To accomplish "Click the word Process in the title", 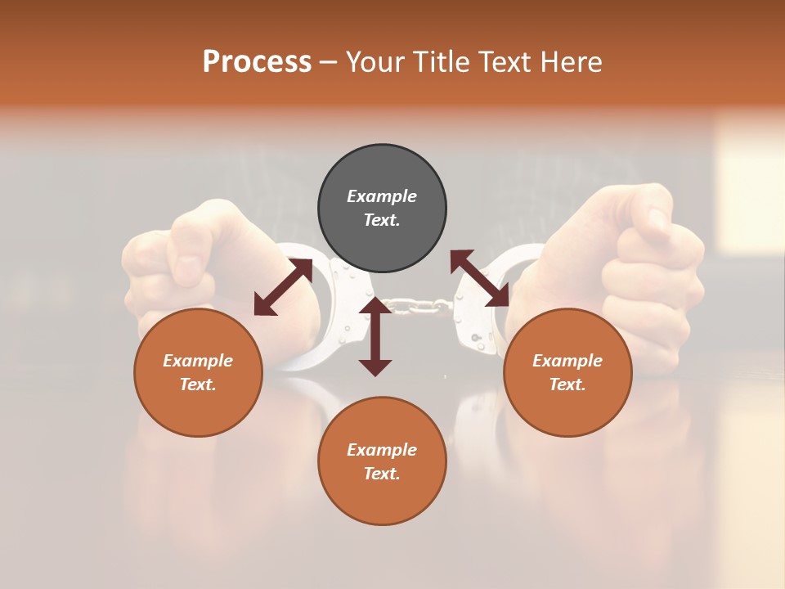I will pyautogui.click(x=257, y=62).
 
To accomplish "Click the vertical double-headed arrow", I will pyautogui.click(x=375, y=336).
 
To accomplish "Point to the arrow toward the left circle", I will pyautogui.click(x=283, y=287).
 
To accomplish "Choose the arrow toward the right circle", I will pyautogui.click(x=480, y=278).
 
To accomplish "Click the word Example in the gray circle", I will pyautogui.click(x=382, y=196).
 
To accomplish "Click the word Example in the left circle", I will pyautogui.click(x=198, y=361).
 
